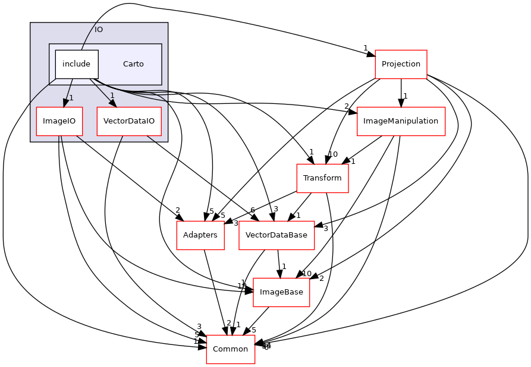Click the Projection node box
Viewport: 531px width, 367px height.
[401, 64]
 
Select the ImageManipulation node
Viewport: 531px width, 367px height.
[401, 121]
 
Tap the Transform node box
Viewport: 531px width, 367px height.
[322, 178]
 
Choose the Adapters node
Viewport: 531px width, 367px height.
[200, 235]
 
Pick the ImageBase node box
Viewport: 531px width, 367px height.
[281, 292]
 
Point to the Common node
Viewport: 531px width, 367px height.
[230, 349]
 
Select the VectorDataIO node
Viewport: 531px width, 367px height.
[129, 121]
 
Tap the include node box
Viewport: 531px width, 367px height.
[77, 64]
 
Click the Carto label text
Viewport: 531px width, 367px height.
[133, 64]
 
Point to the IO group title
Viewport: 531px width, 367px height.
[99, 30]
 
